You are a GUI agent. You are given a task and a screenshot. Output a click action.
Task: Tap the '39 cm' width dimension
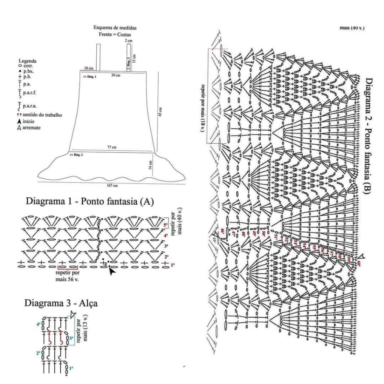tap(116, 75)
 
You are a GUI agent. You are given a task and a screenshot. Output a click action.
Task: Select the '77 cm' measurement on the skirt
tap(112, 147)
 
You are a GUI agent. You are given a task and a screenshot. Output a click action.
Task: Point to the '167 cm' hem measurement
tap(112, 186)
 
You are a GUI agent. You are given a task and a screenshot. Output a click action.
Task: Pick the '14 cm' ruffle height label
tap(150, 165)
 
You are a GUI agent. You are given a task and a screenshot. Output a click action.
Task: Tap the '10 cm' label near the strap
tap(88, 68)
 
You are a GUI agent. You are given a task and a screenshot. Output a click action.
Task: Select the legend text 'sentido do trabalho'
tap(42, 115)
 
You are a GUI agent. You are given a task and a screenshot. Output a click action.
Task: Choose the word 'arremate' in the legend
tap(31, 127)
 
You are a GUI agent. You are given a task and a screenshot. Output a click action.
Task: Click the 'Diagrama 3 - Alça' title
tap(61, 303)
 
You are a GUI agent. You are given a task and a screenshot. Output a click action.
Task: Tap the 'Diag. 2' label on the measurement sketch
tap(77, 154)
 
